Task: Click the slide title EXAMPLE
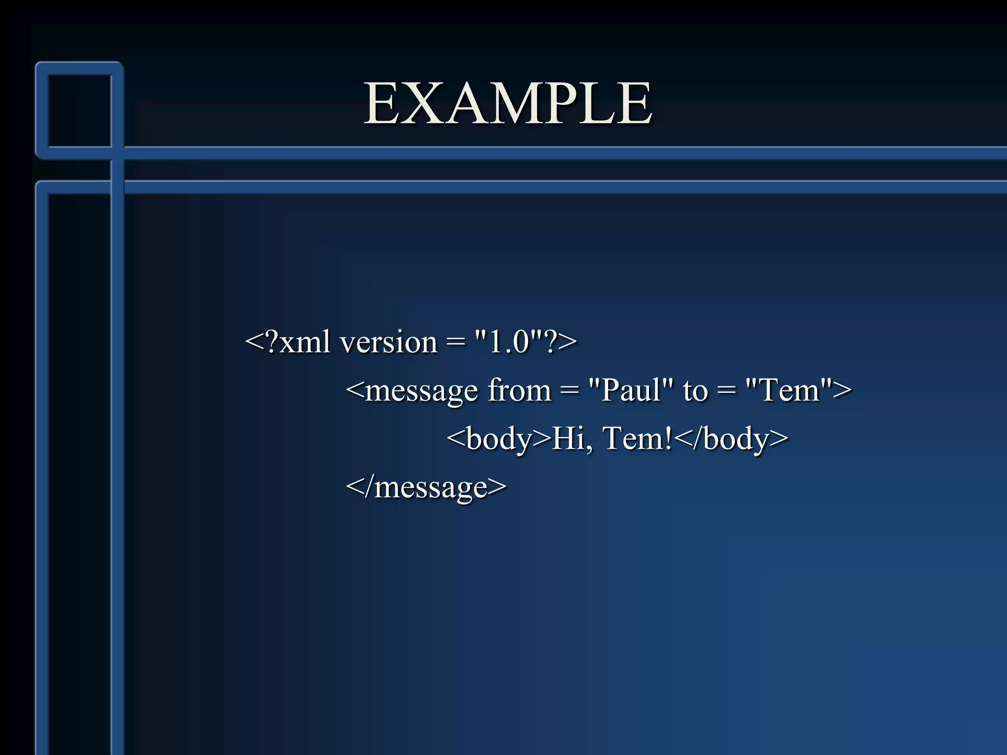pos(508,104)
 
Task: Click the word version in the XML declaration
pos(388,342)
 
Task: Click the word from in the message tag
pos(519,390)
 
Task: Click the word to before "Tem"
pos(695,391)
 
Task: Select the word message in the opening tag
pos(421,391)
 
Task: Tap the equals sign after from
pos(569,391)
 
